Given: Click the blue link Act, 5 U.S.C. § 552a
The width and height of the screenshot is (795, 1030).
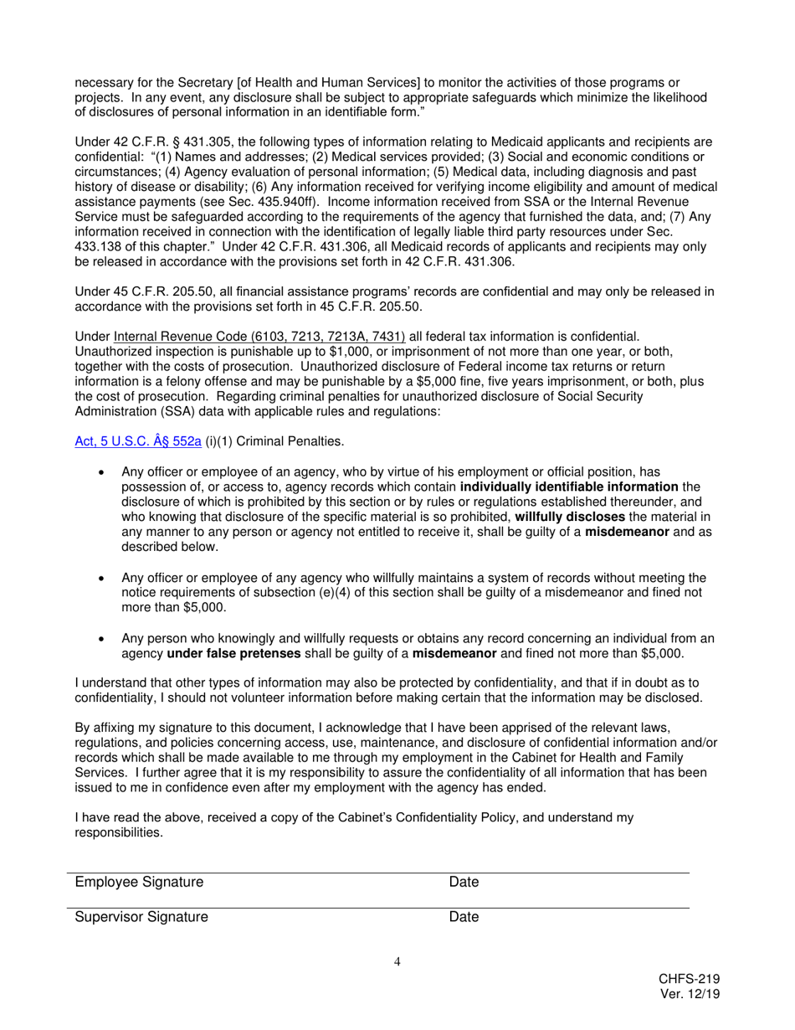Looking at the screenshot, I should point(138,441).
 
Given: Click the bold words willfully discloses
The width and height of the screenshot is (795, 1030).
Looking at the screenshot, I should point(570,517).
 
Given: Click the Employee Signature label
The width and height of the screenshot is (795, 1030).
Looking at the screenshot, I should point(139,882).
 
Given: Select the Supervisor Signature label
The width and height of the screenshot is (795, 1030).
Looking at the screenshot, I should point(141,917).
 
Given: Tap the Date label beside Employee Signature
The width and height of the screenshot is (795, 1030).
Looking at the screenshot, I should point(464,882).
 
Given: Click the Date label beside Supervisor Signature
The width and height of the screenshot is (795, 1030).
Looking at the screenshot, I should point(464,917).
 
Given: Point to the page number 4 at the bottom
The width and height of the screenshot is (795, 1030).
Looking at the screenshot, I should point(397,961).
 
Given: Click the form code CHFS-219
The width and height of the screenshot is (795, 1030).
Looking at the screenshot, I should point(689,979).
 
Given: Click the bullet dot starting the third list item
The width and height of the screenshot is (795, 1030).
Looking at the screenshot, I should point(101,638).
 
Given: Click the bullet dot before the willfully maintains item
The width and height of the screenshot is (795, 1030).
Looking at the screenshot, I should point(101,578).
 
